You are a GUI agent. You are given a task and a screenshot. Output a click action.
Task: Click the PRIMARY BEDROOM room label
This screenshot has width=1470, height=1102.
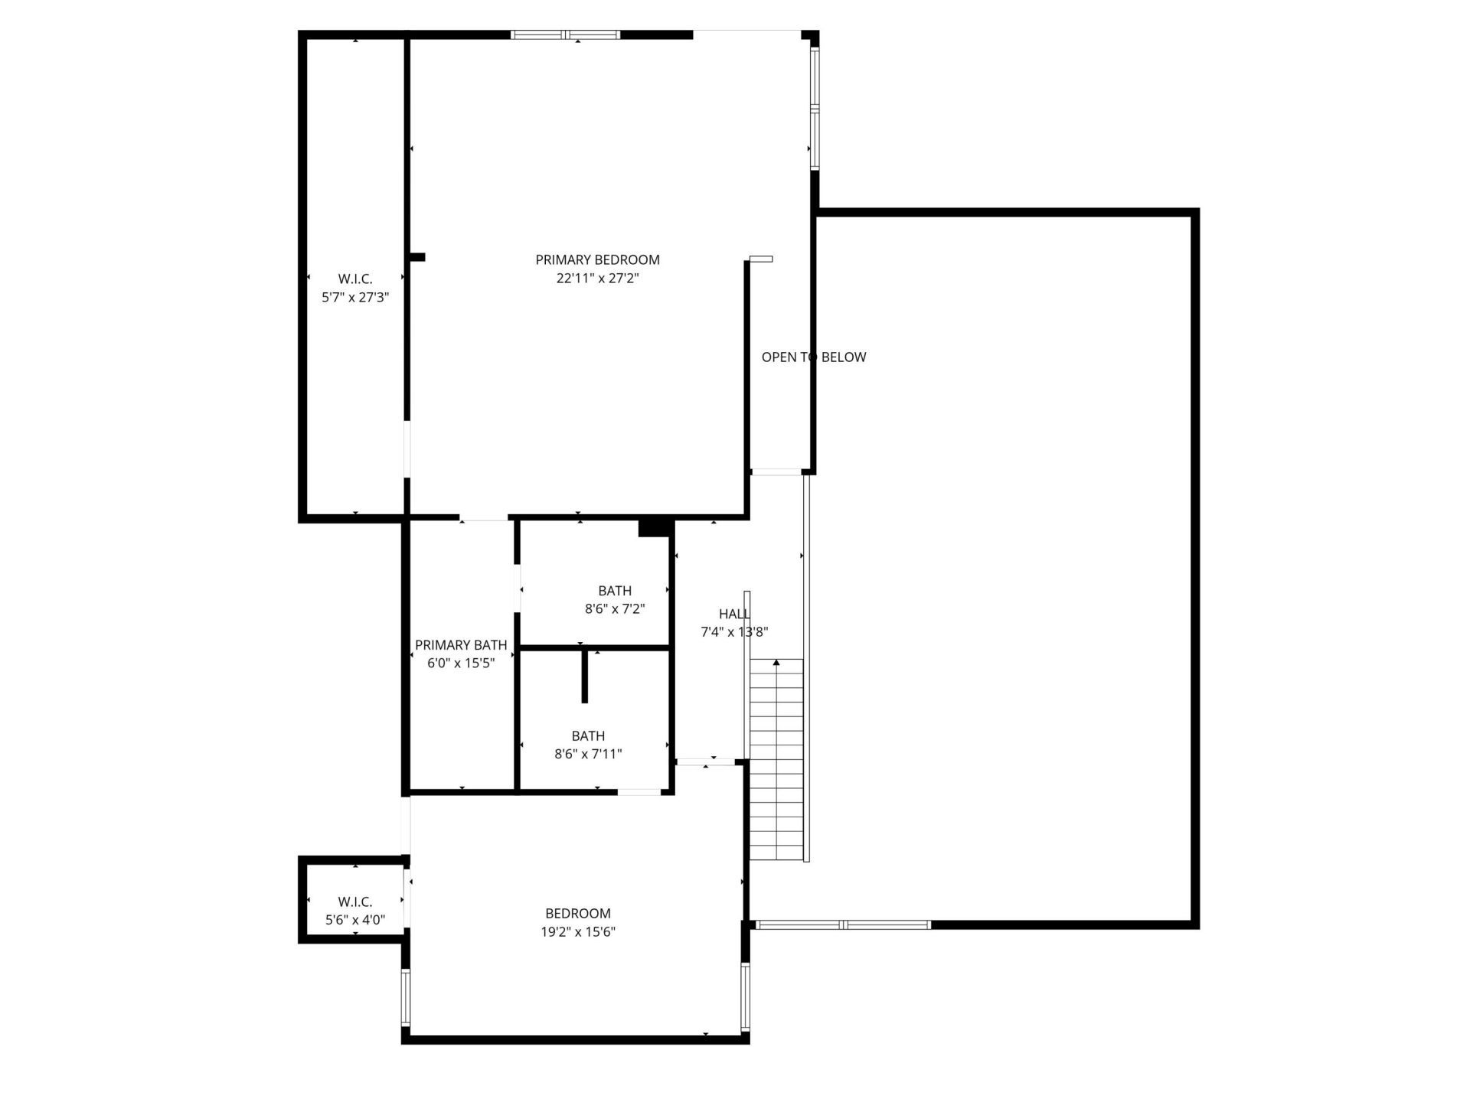597,260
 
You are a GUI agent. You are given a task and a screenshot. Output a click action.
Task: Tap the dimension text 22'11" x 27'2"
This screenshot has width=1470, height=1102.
597,279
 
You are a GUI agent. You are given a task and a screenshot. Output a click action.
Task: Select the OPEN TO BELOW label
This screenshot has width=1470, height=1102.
813,357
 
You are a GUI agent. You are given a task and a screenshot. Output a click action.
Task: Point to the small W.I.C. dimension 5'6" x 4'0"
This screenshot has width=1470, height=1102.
355,921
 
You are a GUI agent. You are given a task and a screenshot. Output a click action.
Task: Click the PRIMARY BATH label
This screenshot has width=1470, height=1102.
461,645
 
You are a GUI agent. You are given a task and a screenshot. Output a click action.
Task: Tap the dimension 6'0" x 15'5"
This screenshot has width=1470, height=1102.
461,663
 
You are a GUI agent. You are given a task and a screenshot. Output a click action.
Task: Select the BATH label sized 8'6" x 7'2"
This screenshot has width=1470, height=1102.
615,591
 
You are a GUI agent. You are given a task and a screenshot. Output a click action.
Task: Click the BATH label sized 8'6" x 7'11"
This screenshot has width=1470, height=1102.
588,736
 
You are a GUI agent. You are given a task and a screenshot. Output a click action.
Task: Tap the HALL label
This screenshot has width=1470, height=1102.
734,614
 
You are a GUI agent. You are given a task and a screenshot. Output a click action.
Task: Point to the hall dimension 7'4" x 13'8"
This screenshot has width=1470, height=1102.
734,632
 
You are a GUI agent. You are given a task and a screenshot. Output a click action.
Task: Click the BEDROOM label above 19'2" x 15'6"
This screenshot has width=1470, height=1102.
578,914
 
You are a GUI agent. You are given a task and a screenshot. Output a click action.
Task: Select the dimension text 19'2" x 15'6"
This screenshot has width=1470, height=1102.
578,932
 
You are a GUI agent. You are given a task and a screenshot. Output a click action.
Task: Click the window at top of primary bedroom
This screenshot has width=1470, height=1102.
565,34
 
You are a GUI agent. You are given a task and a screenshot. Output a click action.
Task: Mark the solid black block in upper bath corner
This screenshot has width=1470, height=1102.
654,528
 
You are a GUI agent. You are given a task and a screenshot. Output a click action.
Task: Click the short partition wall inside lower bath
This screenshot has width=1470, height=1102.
585,677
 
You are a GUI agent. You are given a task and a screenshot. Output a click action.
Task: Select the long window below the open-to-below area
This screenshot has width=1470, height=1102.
843,925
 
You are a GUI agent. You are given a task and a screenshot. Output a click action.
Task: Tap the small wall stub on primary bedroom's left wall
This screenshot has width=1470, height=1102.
416,258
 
